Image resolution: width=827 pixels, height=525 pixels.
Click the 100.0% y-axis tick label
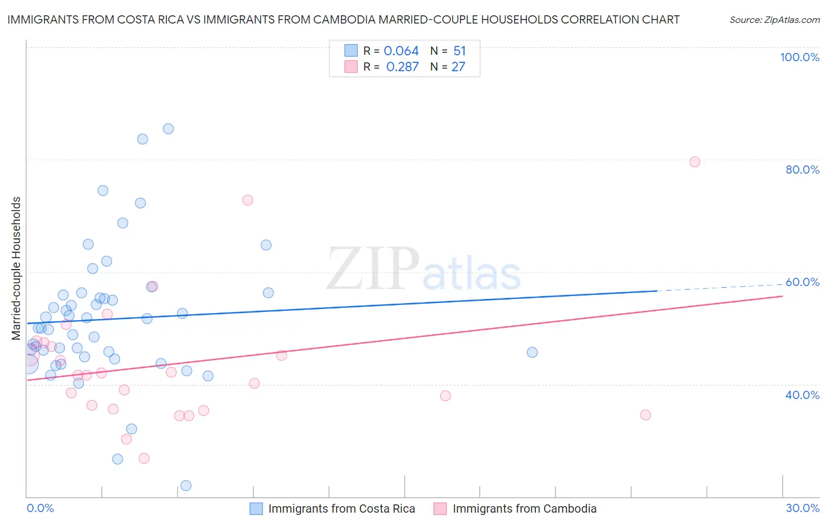[799, 57]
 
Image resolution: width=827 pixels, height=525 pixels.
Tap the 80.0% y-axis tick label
[802, 170]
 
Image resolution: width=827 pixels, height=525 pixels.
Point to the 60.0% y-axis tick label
[802, 282]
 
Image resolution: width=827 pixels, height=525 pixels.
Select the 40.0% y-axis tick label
[802, 395]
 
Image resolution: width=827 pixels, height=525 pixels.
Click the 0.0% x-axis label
[40, 508]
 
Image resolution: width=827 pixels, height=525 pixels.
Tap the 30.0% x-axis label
[802, 508]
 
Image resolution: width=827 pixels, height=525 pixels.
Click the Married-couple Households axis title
[16, 268]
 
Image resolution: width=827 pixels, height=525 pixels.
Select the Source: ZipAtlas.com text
[774, 20]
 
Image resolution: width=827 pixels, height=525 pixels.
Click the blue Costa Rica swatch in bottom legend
[256, 509]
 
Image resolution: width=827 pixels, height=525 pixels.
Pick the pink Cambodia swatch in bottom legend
[440, 509]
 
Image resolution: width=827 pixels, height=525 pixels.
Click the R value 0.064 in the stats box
[401, 51]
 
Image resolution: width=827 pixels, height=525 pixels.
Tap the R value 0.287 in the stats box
[402, 67]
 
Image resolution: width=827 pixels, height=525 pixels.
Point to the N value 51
[459, 51]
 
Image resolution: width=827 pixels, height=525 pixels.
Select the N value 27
[458, 67]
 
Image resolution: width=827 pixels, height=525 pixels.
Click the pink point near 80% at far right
[695, 162]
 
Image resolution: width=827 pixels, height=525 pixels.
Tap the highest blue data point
[168, 129]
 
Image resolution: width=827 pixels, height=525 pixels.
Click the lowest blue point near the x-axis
[186, 486]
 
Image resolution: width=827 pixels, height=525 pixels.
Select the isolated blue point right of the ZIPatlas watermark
[532, 353]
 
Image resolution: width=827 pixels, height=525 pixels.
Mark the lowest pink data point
[144, 458]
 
